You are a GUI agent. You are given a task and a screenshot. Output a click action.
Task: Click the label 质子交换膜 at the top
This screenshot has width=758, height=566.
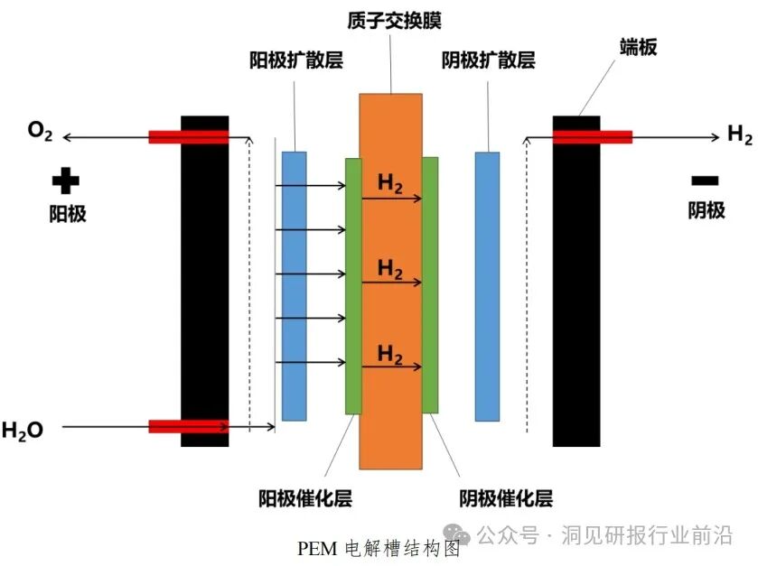pyautogui.click(x=390, y=18)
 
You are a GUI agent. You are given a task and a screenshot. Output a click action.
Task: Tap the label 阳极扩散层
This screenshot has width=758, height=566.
pyautogui.click(x=296, y=61)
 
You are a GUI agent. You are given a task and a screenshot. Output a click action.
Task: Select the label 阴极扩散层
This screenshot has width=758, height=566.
pyautogui.click(x=488, y=61)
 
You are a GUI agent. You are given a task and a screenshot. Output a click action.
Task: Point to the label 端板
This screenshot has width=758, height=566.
pyautogui.click(x=639, y=48)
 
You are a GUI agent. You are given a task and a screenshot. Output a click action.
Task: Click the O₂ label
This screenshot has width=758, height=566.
pyautogui.click(x=40, y=133)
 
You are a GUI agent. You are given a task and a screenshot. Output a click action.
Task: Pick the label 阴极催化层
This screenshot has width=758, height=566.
pyautogui.click(x=505, y=498)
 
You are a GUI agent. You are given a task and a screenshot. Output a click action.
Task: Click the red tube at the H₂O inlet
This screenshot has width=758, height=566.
pyautogui.click(x=188, y=426)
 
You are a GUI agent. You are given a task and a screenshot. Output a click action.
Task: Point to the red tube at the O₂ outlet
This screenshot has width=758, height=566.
pyautogui.click(x=188, y=137)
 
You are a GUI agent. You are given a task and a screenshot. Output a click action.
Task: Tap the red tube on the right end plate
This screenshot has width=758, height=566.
pyautogui.click(x=592, y=137)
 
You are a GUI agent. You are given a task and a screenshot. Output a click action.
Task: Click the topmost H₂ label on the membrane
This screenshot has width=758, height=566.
pyautogui.click(x=390, y=183)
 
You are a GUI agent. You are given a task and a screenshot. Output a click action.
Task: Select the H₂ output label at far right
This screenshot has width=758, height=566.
pyautogui.click(x=739, y=135)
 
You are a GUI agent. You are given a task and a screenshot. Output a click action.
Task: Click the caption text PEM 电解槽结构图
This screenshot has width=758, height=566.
pyautogui.click(x=379, y=548)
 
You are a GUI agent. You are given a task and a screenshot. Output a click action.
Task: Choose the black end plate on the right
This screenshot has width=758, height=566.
pyautogui.click(x=576, y=298)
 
